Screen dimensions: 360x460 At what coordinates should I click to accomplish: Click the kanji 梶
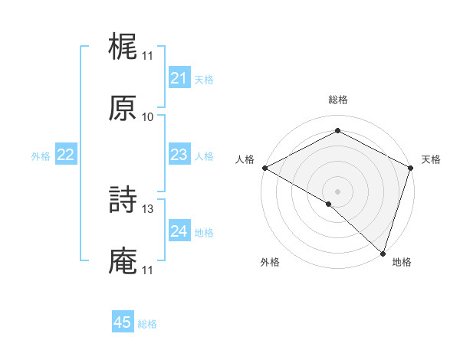pyautogui.click(x=123, y=48)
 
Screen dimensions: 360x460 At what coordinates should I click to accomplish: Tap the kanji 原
pyautogui.click(x=123, y=110)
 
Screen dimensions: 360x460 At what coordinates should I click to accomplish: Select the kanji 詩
pyautogui.click(x=123, y=201)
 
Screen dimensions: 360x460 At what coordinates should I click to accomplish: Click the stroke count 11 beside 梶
pyautogui.click(x=148, y=56)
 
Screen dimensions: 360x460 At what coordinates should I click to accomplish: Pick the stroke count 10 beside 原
pyautogui.click(x=148, y=117)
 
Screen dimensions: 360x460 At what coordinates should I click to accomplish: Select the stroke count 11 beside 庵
pyautogui.click(x=148, y=270)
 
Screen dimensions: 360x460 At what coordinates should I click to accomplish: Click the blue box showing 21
pyautogui.click(x=179, y=78)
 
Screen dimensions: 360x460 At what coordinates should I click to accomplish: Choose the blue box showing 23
pyautogui.click(x=179, y=155)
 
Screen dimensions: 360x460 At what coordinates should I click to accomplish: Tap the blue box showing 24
pyautogui.click(x=179, y=231)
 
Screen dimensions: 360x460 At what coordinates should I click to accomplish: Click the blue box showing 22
pyautogui.click(x=66, y=155)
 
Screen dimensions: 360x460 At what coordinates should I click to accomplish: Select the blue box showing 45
pyautogui.click(x=123, y=322)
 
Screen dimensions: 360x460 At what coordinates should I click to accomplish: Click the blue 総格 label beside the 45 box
pyautogui.click(x=147, y=324)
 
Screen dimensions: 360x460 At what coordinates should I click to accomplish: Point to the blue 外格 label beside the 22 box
pyautogui.click(x=41, y=156)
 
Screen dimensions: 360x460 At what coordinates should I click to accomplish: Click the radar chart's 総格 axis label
pyautogui.click(x=338, y=100)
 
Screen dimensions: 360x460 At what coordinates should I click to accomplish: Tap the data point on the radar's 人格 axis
pyautogui.click(x=264, y=168)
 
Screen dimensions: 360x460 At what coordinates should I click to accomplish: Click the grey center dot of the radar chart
pyautogui.click(x=338, y=191)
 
